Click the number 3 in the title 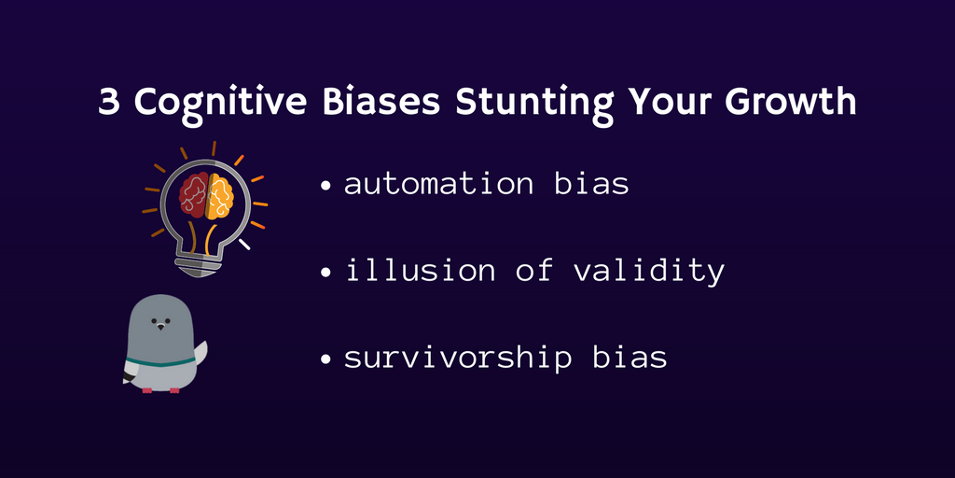[108, 103]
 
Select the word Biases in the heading [381, 102]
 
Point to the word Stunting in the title [534, 105]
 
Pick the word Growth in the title [790, 102]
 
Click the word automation [438, 184]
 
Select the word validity [649, 272]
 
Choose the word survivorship [458, 358]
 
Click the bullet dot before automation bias [327, 186]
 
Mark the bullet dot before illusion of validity [327, 272]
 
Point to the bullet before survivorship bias [327, 359]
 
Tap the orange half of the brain [220, 196]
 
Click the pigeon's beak [160, 327]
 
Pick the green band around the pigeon [159, 362]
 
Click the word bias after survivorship [630, 357]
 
